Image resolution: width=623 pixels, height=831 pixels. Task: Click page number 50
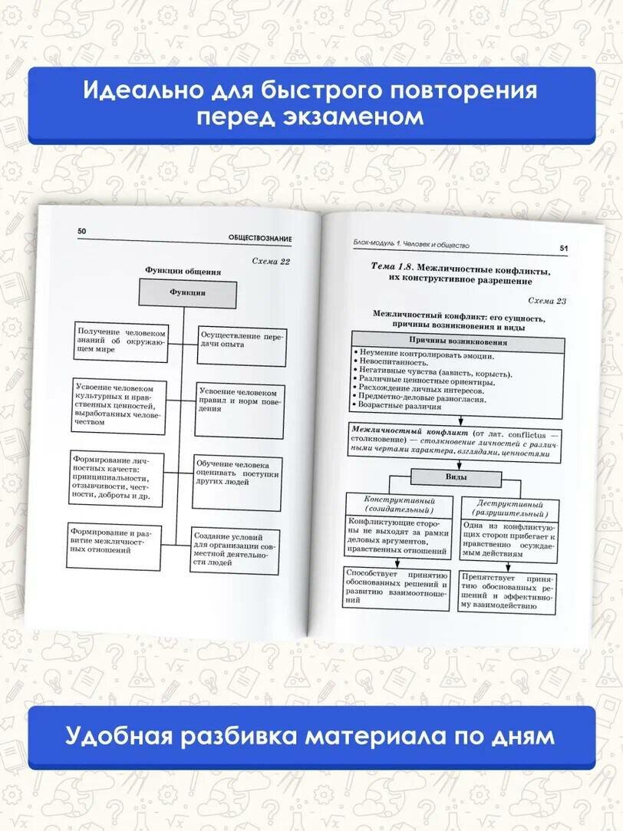[82, 231]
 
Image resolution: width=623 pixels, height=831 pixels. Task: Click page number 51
[563, 249]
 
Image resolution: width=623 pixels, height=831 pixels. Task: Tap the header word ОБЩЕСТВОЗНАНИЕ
[259, 239]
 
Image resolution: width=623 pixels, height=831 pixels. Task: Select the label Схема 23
[547, 301]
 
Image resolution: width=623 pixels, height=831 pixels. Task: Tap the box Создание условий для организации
[234, 549]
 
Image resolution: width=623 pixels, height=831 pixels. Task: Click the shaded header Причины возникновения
[457, 341]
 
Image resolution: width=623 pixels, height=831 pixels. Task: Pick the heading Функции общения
[183, 270]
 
